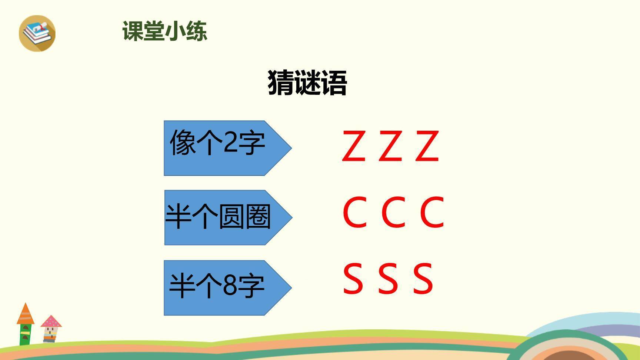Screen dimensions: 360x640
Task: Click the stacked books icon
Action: click(37, 33)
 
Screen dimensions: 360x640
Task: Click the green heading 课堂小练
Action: click(165, 31)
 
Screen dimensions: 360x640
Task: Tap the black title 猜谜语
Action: click(307, 83)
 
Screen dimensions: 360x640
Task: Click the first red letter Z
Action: click(353, 146)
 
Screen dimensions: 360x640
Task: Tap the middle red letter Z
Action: click(390, 146)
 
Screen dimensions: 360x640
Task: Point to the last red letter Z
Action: click(427, 146)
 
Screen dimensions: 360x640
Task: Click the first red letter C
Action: click(355, 212)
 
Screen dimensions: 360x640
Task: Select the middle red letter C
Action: click(393, 212)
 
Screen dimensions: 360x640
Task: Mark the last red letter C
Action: click(432, 212)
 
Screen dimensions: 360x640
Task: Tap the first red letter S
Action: click(353, 279)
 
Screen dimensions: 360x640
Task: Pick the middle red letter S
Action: click(388, 279)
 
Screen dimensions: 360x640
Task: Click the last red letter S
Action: click(423, 279)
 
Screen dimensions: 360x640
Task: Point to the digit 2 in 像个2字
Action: click(230, 142)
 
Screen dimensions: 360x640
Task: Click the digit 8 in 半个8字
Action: click(230, 286)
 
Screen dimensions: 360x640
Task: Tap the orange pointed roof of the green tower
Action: click(26, 314)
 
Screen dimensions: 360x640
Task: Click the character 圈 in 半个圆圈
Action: click(258, 217)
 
